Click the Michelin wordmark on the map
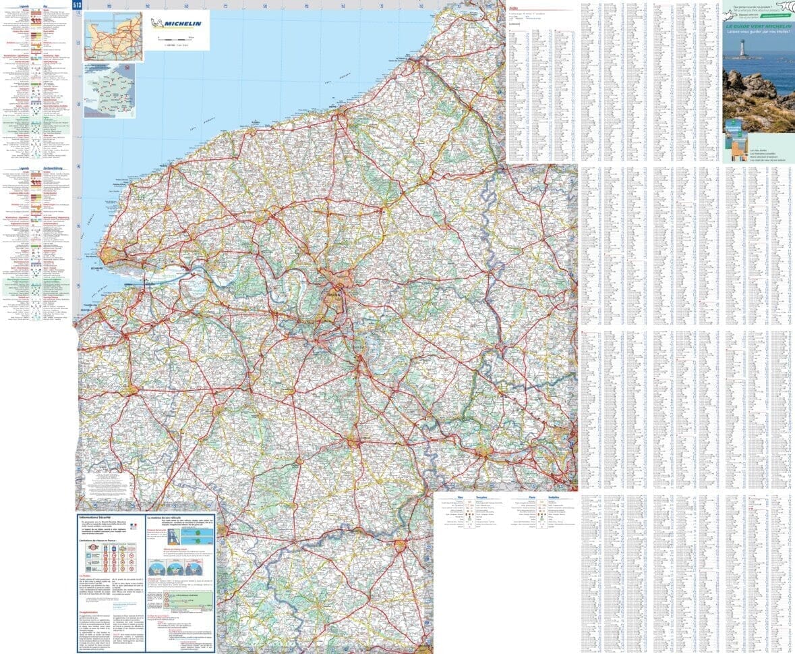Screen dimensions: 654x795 pos(183,22)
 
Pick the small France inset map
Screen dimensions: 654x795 pos(109,90)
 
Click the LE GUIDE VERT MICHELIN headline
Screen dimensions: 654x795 pos(758,26)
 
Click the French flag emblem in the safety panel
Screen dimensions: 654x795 pos(134,525)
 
